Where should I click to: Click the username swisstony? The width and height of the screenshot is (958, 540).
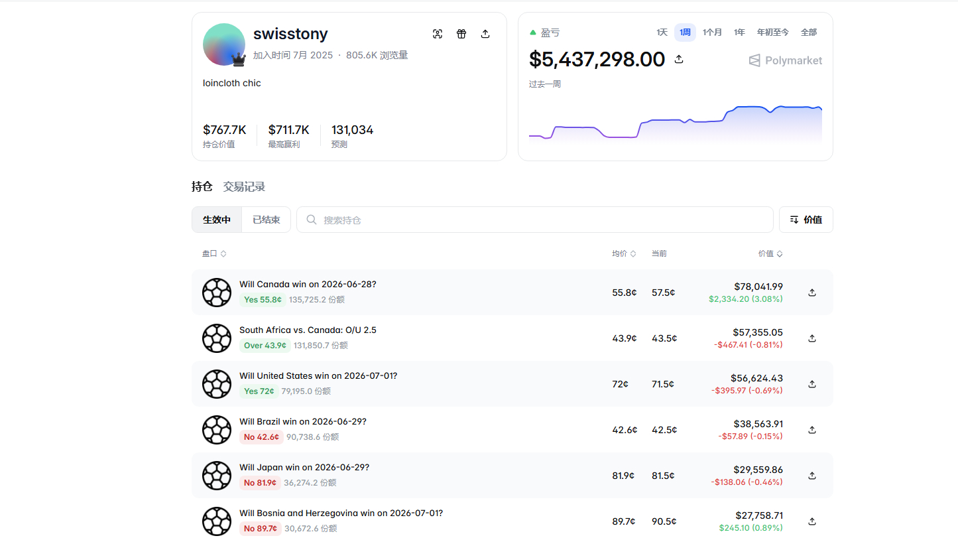[x=290, y=34]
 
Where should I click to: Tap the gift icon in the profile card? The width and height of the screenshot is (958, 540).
[x=461, y=34]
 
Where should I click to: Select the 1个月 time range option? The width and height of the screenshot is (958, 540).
[x=712, y=32]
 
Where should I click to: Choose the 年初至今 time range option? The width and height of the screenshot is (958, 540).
[x=772, y=32]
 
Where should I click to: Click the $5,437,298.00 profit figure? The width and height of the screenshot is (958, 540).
[x=597, y=59]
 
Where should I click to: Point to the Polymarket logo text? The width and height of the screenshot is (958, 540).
[x=794, y=60]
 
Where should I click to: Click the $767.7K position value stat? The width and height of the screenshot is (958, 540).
[x=225, y=129]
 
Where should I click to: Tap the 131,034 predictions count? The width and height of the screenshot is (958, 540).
[x=353, y=129]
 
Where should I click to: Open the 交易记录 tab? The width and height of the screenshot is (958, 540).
[x=244, y=186]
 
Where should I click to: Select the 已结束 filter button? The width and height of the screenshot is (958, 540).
[x=266, y=220]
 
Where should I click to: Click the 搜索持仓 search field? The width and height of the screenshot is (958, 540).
[x=534, y=220]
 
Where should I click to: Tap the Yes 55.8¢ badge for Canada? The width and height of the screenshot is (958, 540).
[x=263, y=300]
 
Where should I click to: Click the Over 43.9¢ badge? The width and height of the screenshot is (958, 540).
[x=265, y=346]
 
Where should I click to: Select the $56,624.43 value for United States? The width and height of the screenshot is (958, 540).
[x=756, y=378]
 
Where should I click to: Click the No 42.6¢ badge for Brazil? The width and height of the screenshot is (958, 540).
[x=261, y=437]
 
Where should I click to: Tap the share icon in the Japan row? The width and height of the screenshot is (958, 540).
[x=811, y=476]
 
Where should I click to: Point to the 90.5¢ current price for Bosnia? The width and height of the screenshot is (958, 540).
[x=664, y=521]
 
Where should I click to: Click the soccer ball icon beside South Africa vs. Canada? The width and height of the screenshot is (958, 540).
[x=217, y=338]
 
